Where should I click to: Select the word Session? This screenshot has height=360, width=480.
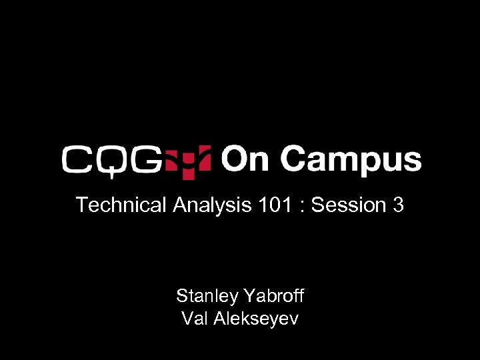pos(349,205)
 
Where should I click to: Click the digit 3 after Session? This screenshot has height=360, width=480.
pos(398,205)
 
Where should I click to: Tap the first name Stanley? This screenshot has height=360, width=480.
pos(207,295)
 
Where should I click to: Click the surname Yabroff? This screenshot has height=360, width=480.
pos(275,295)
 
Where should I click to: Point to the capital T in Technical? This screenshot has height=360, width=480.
pos(81,205)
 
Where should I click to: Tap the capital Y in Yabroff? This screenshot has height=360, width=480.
pos(249,295)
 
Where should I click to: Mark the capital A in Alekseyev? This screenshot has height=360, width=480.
pos(220,319)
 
